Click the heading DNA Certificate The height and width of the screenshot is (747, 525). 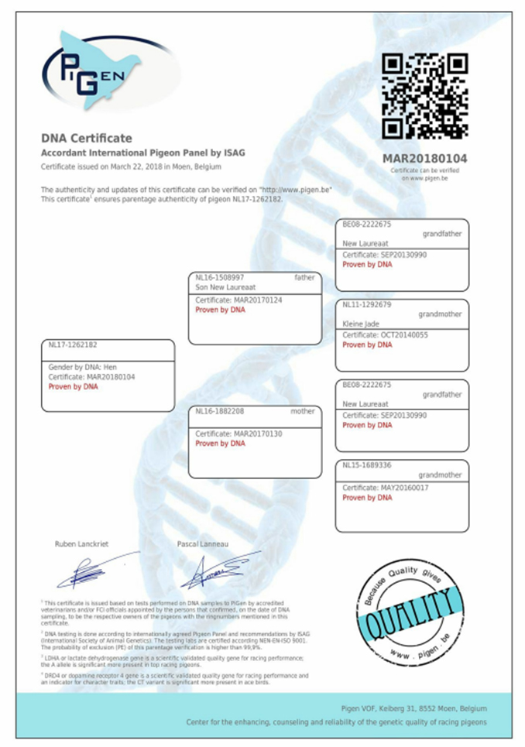click(87, 138)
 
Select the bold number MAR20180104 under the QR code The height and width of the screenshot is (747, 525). click(425, 159)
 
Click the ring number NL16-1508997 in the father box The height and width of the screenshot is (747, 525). click(220, 277)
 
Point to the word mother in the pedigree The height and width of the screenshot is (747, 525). click(302, 411)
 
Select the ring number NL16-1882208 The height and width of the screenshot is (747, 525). click(220, 411)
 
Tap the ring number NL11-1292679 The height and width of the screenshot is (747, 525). click(367, 304)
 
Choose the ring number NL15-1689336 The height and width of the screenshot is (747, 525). click(367, 465)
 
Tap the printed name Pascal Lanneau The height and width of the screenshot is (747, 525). click(203, 544)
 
